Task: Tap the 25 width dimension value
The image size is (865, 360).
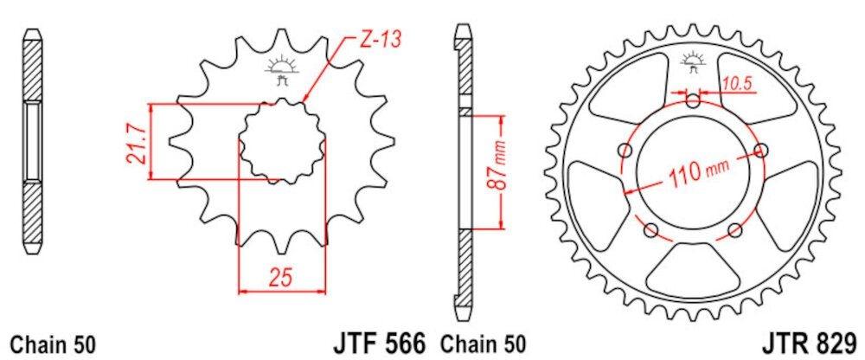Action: (281, 278)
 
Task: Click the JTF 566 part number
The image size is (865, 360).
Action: (379, 341)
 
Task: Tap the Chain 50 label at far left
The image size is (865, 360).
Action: (51, 342)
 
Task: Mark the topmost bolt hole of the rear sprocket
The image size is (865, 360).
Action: (692, 101)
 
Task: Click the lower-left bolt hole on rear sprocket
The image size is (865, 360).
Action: (650, 230)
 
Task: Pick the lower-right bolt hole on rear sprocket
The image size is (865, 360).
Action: (734, 230)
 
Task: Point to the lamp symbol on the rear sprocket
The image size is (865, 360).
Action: (692, 61)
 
